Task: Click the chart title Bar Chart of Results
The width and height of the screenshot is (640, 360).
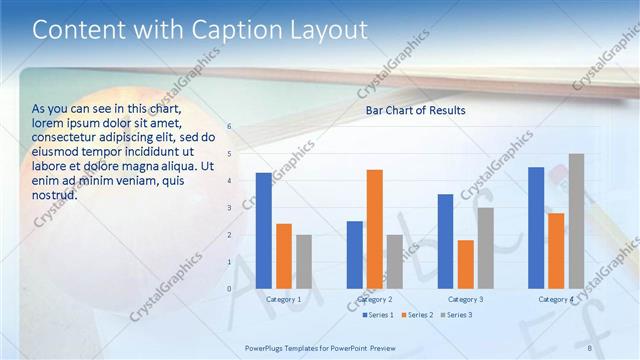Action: tap(415, 110)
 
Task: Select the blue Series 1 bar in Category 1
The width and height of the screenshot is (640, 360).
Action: tap(263, 230)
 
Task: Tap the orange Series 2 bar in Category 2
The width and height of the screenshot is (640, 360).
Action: tap(374, 229)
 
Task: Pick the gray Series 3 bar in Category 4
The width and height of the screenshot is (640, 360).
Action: tap(576, 221)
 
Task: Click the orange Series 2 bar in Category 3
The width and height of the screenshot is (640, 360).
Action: tap(465, 264)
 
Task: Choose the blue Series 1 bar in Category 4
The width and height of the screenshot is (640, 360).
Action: tap(536, 227)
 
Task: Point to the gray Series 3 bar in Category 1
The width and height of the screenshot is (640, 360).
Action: tap(304, 261)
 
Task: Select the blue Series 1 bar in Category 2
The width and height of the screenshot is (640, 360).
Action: tap(354, 254)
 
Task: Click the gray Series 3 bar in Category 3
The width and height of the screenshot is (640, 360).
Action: tap(485, 248)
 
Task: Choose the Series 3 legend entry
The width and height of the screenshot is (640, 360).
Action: tap(457, 315)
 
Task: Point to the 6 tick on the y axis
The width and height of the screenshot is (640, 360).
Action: tap(229, 127)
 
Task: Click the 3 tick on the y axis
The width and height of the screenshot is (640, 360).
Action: tap(229, 208)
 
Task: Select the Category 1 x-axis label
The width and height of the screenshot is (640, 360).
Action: tap(284, 299)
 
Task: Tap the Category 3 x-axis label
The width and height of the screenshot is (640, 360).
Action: tap(465, 299)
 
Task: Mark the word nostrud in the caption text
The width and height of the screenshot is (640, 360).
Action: tap(54, 195)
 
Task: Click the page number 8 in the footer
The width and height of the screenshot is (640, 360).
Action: tap(589, 347)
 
